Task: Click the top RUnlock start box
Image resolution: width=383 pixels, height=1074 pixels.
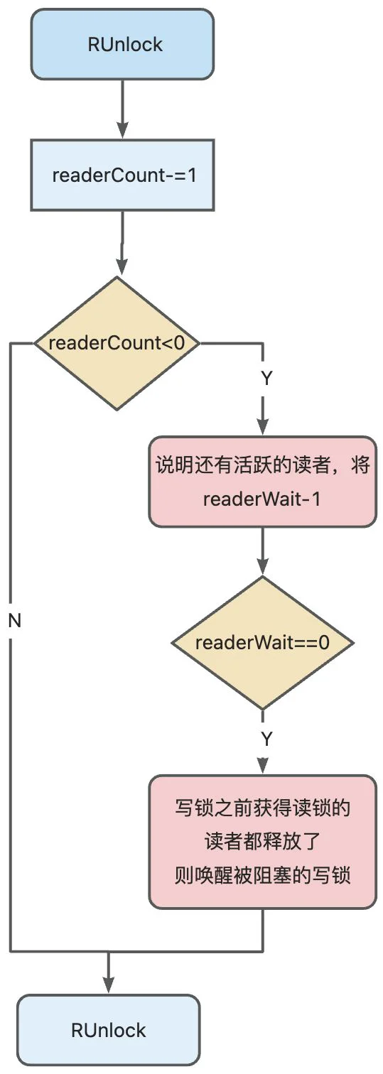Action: (122, 44)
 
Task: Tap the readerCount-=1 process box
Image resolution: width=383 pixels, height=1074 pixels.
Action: (122, 175)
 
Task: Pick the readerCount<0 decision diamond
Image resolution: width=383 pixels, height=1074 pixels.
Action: (117, 343)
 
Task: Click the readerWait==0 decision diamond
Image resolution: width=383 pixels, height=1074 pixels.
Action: (263, 642)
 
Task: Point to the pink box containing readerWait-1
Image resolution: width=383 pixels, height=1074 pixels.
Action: (263, 482)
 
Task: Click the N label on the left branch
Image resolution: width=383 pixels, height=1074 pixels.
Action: (15, 621)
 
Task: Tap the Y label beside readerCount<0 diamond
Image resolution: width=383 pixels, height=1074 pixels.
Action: (266, 379)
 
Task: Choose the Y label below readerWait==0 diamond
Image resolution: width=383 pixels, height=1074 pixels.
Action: (266, 739)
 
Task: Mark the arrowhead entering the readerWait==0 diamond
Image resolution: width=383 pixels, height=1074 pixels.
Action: (263, 568)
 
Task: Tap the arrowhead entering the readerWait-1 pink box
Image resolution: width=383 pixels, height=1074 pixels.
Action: (263, 428)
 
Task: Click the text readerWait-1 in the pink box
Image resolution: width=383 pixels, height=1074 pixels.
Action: (261, 499)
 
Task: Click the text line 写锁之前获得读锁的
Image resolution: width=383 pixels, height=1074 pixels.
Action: (262, 808)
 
